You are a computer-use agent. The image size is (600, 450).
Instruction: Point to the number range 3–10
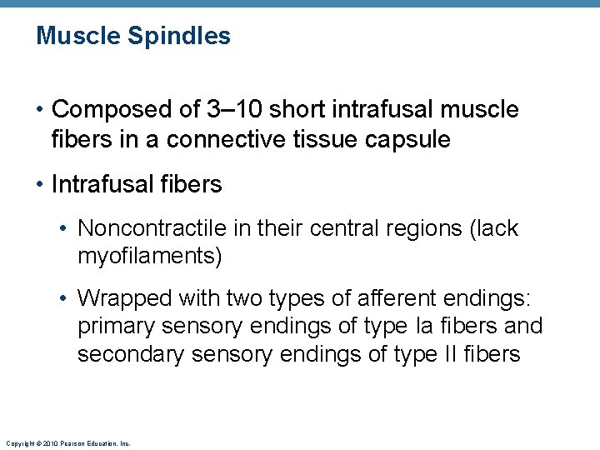point(223,109)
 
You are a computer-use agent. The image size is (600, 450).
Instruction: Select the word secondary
point(131,354)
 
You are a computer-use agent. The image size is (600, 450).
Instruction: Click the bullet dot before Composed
point(42,110)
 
